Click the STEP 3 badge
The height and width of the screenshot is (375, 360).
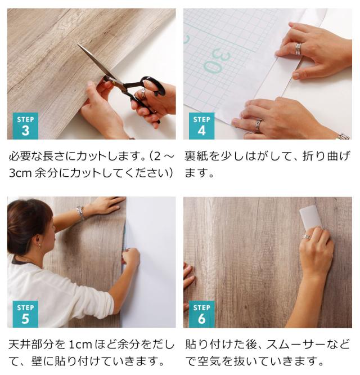[25, 126]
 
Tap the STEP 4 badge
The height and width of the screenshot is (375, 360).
[201, 126]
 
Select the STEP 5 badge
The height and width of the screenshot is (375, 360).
[25, 314]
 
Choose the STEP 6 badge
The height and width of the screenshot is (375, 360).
[201, 314]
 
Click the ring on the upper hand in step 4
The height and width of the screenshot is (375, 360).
[298, 49]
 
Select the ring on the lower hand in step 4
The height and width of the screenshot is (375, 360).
[259, 124]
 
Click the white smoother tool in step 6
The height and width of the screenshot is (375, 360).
[309, 217]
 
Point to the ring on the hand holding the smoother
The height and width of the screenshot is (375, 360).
[306, 237]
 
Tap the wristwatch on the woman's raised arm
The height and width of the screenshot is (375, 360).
[81, 212]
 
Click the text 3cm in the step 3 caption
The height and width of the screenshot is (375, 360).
[21, 173]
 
